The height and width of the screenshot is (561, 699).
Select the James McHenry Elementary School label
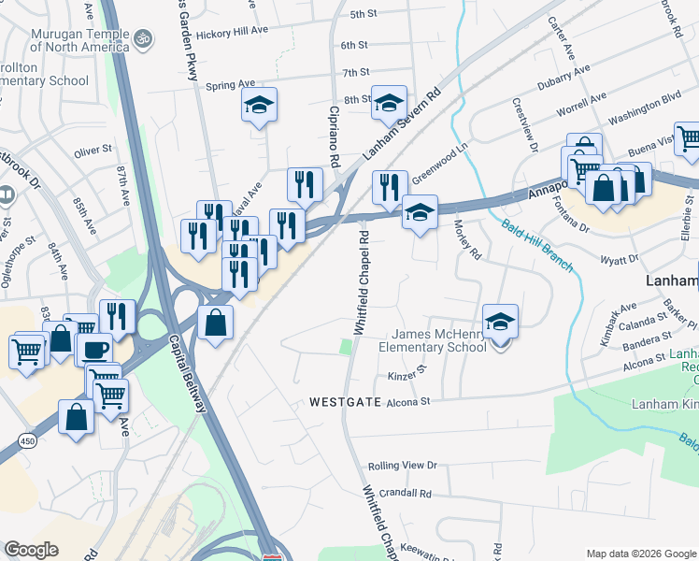(x=439, y=340)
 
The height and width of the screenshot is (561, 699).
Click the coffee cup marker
(x=93, y=351)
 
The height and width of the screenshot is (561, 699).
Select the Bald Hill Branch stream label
(x=537, y=246)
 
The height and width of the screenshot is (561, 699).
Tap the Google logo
(x=31, y=549)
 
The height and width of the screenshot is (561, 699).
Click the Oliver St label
(x=93, y=149)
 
